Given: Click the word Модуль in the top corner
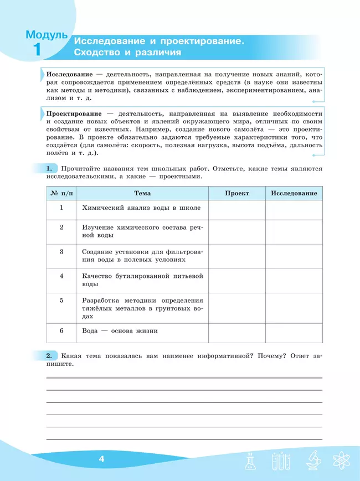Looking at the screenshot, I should (x=47, y=35).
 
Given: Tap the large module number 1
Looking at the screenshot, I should (x=37, y=50).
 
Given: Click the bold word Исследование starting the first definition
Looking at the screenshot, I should (x=69, y=74).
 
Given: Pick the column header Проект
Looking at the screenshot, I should (x=237, y=193).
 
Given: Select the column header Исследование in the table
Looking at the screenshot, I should (x=294, y=193).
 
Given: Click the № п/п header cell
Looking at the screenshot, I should (x=61, y=193).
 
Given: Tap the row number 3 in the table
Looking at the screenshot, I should (x=61, y=251).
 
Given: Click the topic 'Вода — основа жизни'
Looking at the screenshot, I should (x=120, y=331).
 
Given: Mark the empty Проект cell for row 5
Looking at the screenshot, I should (x=237, y=308).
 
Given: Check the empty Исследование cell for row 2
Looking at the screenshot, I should (x=294, y=232).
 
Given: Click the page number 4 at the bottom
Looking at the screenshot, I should (x=101, y=459).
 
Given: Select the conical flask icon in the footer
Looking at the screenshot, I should (x=250, y=461).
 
